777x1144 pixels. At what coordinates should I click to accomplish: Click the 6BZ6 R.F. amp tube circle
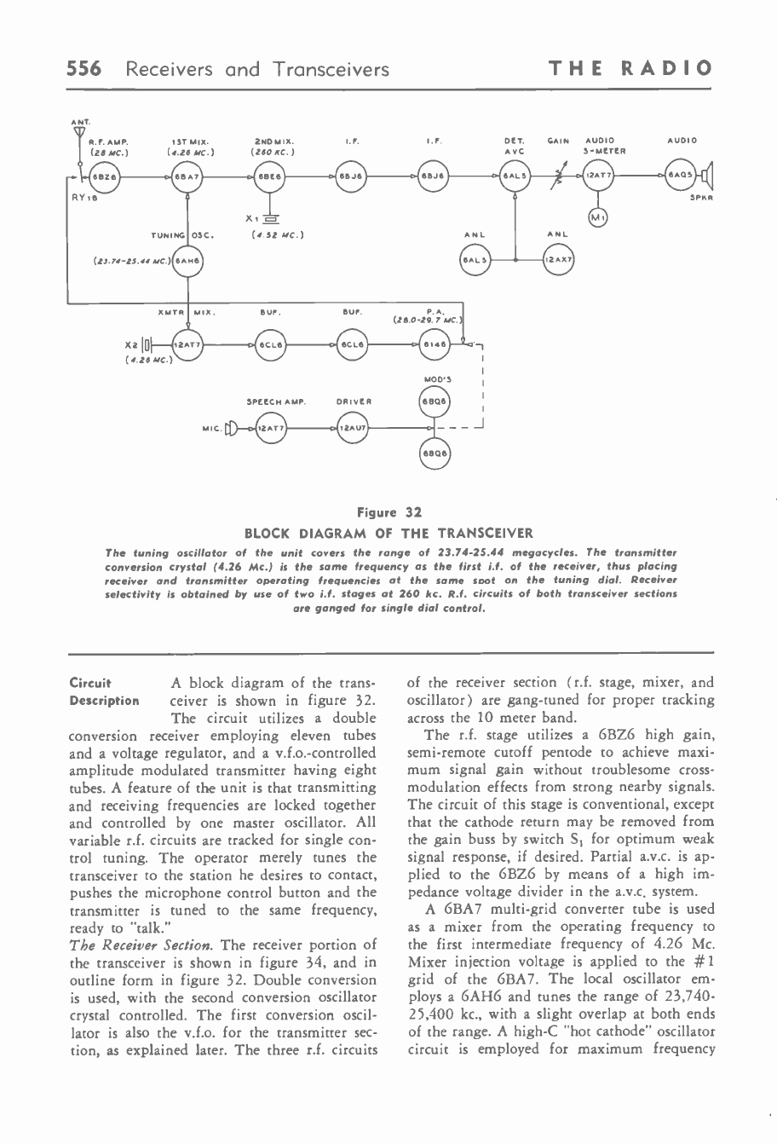pyautogui.click(x=104, y=177)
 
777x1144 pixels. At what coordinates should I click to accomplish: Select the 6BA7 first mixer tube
pyautogui.click(x=186, y=177)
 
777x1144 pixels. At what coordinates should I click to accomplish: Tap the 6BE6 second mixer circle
pyautogui.click(x=271, y=177)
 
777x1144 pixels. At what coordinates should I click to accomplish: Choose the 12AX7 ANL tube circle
pyautogui.click(x=559, y=257)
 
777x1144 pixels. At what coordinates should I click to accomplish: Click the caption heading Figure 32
pyautogui.click(x=388, y=513)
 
